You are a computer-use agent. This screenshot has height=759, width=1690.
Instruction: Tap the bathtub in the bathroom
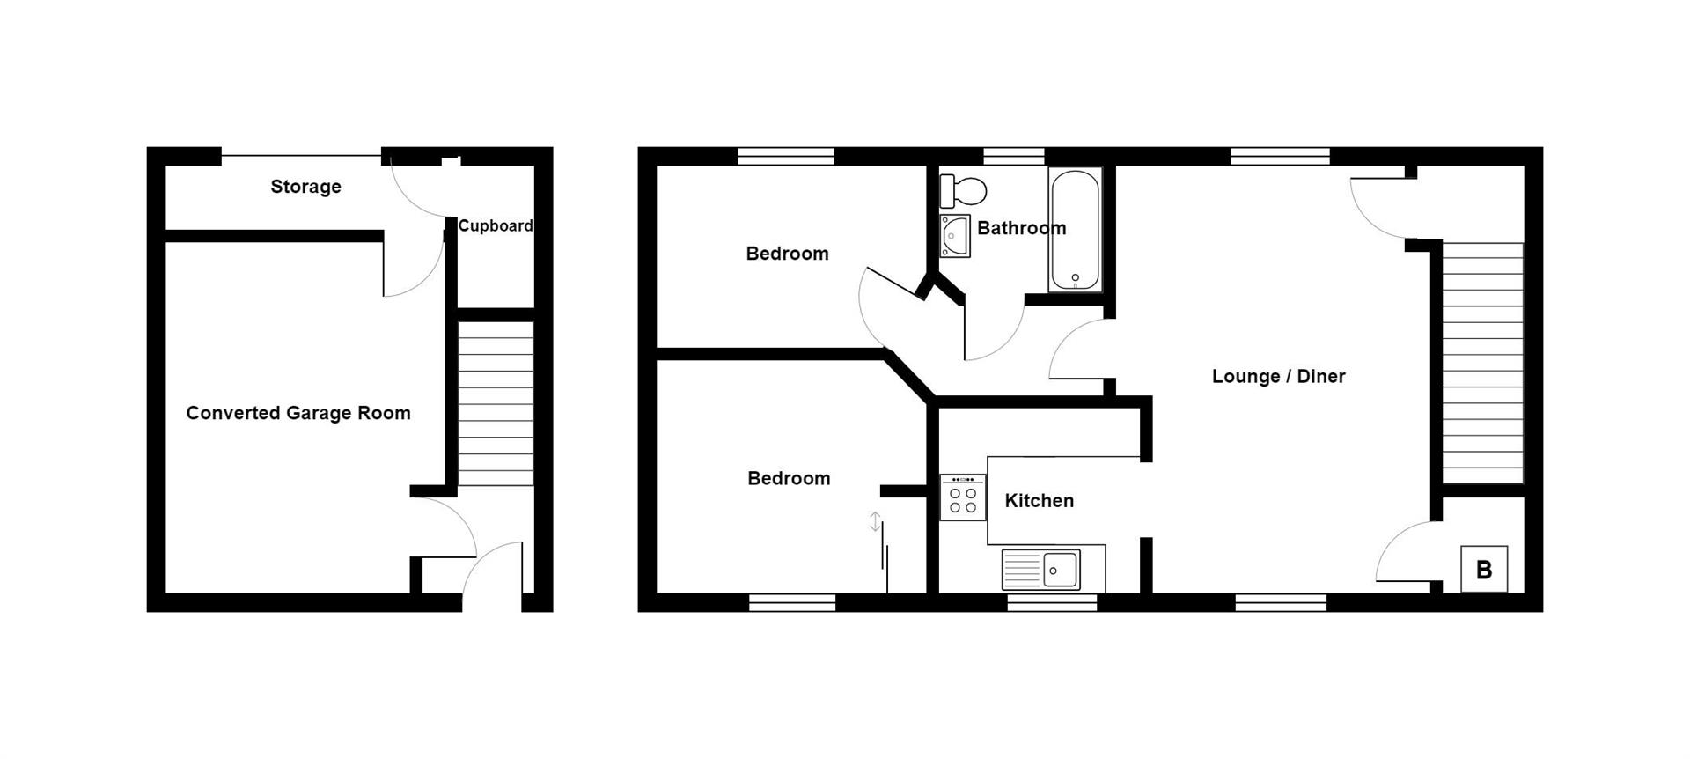tap(1075, 229)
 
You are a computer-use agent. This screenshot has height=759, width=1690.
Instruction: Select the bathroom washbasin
tap(954, 236)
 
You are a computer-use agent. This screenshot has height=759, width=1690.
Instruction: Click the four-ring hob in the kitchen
tap(962, 497)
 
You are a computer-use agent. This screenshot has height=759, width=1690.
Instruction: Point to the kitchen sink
tap(1052, 569)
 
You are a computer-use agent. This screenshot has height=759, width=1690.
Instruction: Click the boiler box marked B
tap(1483, 569)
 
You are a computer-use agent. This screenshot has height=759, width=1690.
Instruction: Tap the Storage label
tap(305, 187)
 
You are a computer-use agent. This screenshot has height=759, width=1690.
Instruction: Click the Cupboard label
tap(495, 226)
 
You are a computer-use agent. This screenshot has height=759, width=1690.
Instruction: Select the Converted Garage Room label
tap(298, 413)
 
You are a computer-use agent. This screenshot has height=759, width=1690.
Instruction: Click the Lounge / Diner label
tap(1278, 377)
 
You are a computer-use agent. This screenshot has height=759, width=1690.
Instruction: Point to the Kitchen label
tap(1039, 501)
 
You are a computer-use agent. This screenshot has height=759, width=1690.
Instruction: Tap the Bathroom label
tap(1021, 228)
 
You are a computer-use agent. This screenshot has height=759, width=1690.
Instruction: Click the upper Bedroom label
tap(787, 254)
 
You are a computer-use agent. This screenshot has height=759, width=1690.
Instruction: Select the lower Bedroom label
tap(789, 478)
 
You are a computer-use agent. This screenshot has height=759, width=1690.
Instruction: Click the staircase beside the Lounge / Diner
tap(1482, 363)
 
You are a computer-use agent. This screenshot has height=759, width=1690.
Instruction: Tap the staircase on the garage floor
tap(496, 403)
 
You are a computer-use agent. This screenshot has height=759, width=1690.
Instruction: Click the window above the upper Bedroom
tap(785, 157)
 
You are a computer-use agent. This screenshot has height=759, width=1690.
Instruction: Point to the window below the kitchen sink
tap(1052, 602)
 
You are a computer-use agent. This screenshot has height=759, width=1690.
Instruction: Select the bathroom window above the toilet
tap(1013, 157)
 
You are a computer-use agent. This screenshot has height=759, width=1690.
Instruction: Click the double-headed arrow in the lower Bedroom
tap(875, 521)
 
